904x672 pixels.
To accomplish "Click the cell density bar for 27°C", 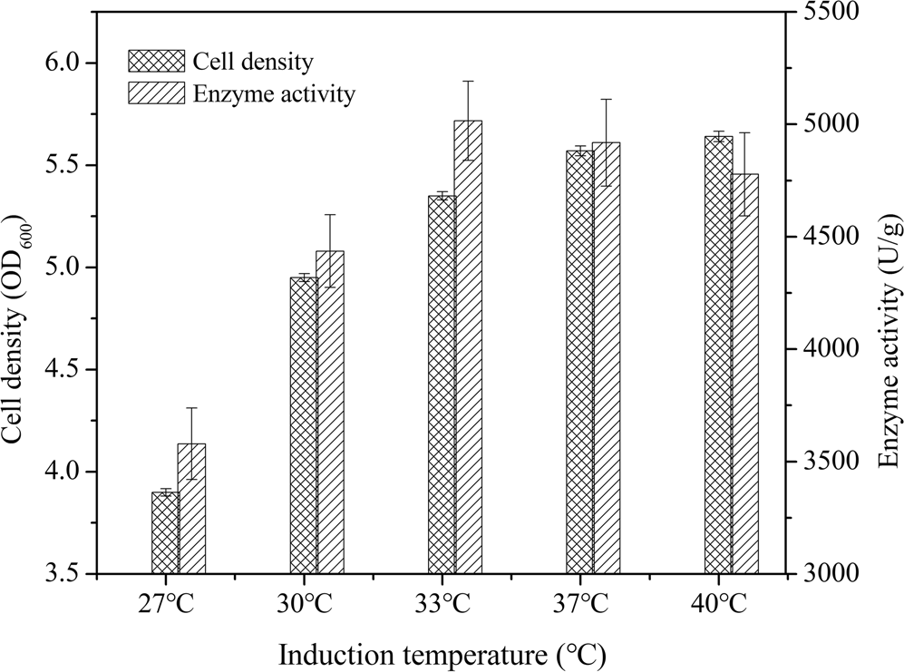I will (x=165, y=533).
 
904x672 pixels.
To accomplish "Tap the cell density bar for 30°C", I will (x=304, y=426).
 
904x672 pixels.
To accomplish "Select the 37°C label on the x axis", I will (x=579, y=604).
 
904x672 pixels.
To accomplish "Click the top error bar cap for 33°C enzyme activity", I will (x=469, y=81).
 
